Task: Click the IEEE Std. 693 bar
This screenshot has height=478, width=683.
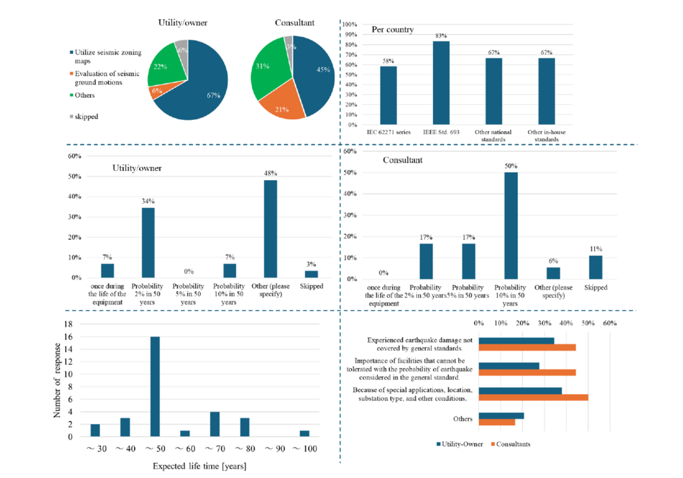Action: click(442, 83)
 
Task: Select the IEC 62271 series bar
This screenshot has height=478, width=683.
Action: click(388, 96)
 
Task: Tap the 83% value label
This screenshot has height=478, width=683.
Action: click(442, 36)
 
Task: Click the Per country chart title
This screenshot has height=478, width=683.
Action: click(392, 29)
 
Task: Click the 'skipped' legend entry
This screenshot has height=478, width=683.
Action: click(88, 117)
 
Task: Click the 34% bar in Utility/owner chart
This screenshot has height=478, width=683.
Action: click(148, 243)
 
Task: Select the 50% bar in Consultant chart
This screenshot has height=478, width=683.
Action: click(510, 226)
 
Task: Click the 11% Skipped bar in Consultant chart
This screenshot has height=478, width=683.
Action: click(595, 268)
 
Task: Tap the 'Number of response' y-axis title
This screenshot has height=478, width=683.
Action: click(58, 380)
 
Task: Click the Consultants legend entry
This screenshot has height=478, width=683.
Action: click(511, 444)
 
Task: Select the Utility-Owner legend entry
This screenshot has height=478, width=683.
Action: click(460, 444)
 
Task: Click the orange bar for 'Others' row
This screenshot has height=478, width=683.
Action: click(497, 422)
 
